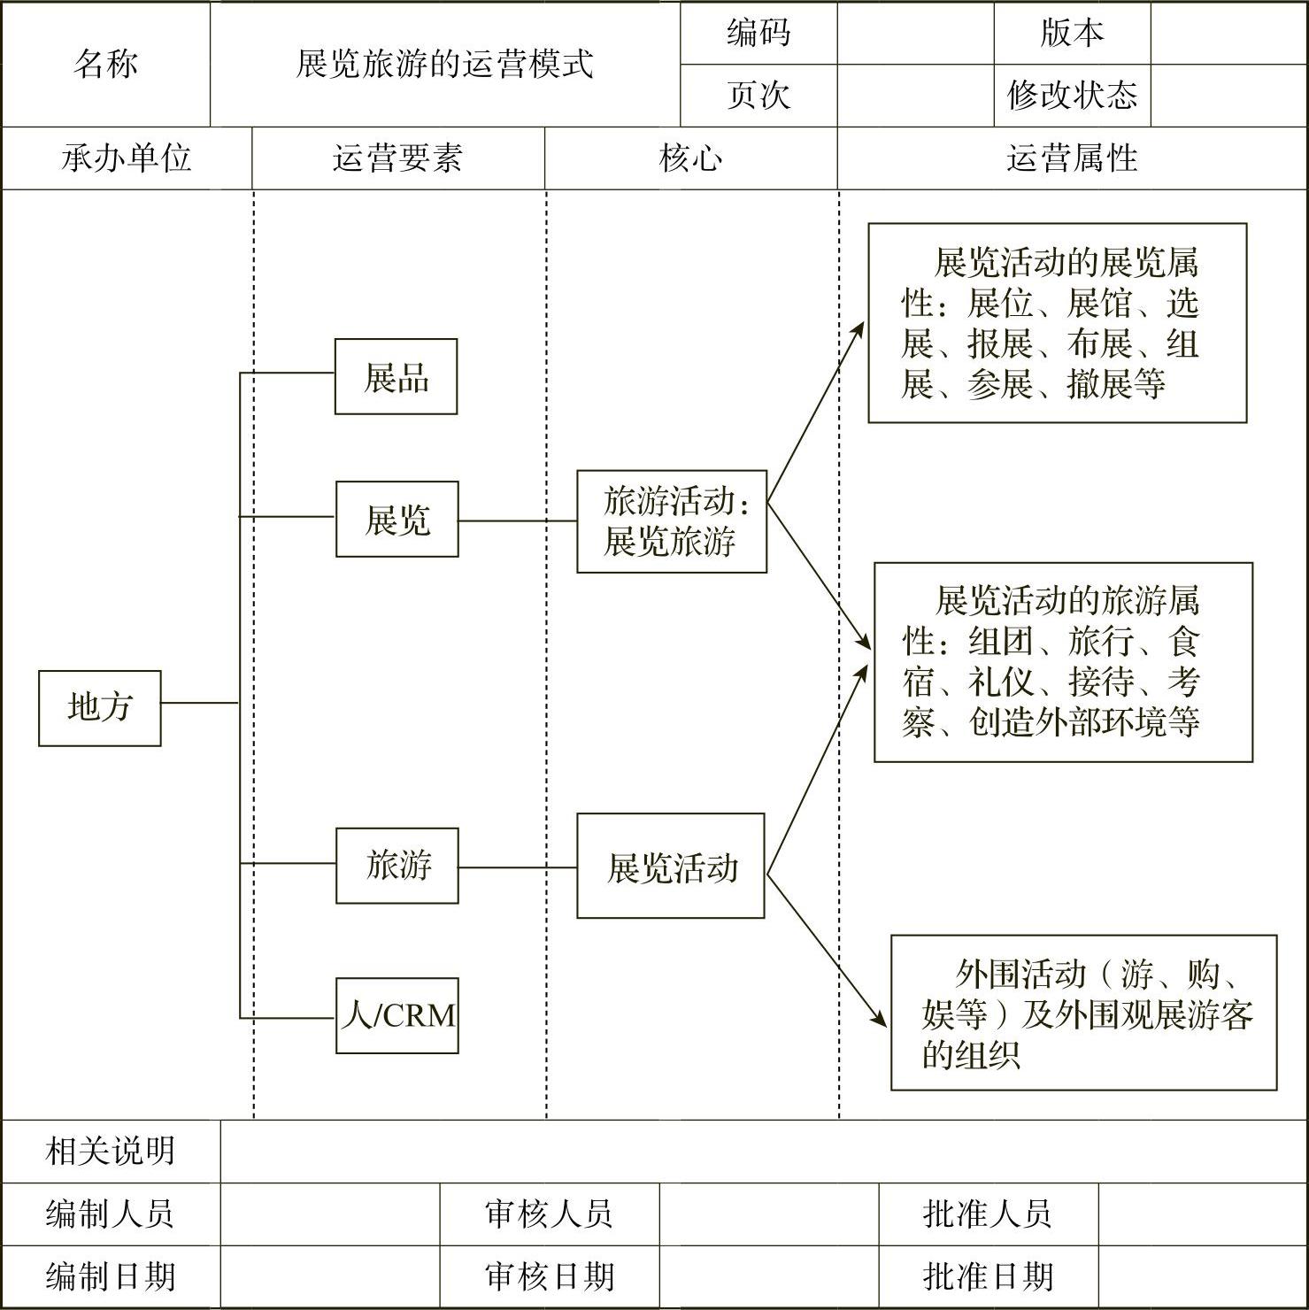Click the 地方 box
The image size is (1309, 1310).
pyautogui.click(x=100, y=708)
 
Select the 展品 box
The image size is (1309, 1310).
pyautogui.click(x=396, y=377)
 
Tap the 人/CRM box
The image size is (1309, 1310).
pyautogui.click(x=397, y=1015)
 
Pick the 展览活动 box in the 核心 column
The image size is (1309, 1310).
pyautogui.click(x=671, y=867)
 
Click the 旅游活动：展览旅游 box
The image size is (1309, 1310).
pyautogui.click(x=672, y=521)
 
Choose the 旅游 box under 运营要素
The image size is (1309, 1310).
pyautogui.click(x=397, y=866)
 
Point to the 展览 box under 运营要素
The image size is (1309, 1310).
pyautogui.click(x=397, y=520)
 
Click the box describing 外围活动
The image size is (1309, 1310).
pyautogui.click(x=1083, y=1013)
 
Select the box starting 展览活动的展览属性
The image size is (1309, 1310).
pyautogui.click(x=1057, y=323)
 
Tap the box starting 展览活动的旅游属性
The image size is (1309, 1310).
pyautogui.click(x=1063, y=662)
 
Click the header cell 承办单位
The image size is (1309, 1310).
pyautogui.click(x=127, y=158)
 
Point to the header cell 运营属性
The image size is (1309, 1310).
pyautogui.click(x=1072, y=158)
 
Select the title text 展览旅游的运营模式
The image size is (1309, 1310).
pyautogui.click(x=444, y=64)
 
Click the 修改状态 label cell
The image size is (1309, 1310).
pyautogui.click(x=1072, y=96)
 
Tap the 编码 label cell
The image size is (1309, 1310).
pyautogui.click(x=758, y=33)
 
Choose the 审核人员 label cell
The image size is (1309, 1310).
pyautogui.click(x=549, y=1214)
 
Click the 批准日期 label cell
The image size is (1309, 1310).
pyautogui.click(x=988, y=1276)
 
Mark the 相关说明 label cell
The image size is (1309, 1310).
pyautogui.click(x=111, y=1151)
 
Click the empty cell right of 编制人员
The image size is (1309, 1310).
pyautogui.click(x=330, y=1214)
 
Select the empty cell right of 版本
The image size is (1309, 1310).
pyautogui.click(x=1228, y=33)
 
